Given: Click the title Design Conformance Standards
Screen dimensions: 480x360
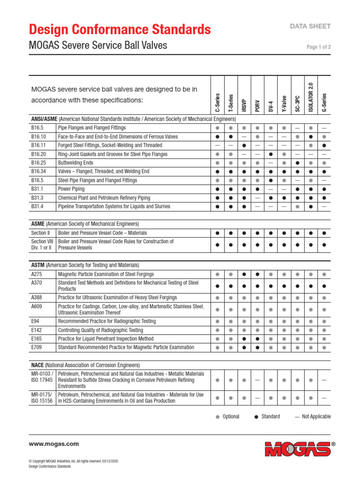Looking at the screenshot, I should pos(120,30).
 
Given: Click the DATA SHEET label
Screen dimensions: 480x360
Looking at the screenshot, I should pos(311,27).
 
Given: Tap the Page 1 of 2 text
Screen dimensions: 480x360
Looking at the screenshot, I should pos(319,47).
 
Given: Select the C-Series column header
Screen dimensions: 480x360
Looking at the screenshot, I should pos(217,103).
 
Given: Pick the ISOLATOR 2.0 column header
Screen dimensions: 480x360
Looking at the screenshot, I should pos(311,97).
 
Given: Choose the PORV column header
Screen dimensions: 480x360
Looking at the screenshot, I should pos(257,105).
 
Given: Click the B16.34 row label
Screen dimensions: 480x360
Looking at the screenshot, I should pos(38,172).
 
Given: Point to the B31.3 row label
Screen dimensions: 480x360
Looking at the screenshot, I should pos(37,198).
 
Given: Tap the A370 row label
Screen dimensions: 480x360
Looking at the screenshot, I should pos(36,283).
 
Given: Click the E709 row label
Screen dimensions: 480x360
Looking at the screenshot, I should pos(36,347).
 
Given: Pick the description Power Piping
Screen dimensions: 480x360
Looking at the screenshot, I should pos(71,189).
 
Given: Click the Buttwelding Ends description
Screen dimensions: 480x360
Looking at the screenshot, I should pos(76,163).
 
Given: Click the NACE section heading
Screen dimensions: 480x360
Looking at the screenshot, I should pos(38,365).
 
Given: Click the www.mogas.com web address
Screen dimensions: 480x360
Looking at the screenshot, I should pos(54,444).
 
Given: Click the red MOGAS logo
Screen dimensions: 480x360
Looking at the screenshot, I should pos(297,449).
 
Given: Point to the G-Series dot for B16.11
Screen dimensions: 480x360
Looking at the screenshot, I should pos(324,145).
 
